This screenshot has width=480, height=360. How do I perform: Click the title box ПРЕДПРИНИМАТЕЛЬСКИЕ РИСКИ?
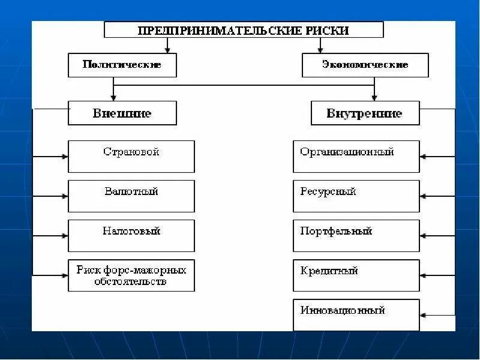click(244, 30)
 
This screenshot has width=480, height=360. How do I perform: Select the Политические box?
click(122, 65)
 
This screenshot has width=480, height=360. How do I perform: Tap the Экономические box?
click(365, 65)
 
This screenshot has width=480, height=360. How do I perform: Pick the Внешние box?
click(122, 113)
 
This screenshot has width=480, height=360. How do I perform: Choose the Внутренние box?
click(365, 113)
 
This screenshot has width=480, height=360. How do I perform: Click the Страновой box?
click(131, 156)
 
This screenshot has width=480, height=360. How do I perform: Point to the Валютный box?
click(131, 196)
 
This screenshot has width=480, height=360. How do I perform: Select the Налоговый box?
click(131, 235)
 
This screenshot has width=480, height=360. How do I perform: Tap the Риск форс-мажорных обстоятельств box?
click(131, 275)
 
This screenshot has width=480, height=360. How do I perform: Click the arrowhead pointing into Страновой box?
click(65, 157)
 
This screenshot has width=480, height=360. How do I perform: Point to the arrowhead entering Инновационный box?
click(424, 314)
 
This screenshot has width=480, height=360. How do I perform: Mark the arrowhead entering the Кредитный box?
click(424, 275)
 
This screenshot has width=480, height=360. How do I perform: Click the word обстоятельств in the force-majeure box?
click(130, 281)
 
